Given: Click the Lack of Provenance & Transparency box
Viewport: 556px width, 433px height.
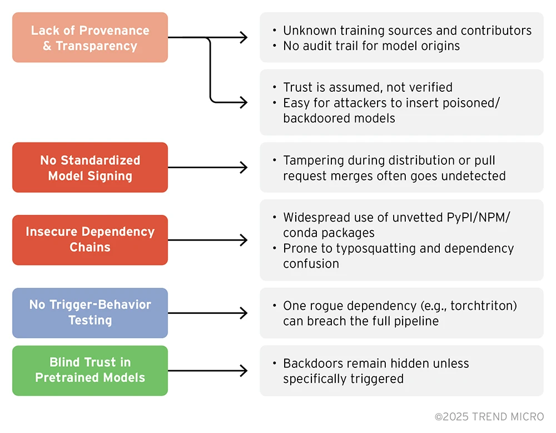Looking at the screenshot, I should tap(90, 38).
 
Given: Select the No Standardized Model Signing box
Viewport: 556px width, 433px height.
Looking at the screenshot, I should tap(90, 168).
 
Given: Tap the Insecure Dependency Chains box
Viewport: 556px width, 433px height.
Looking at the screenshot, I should tap(90, 239).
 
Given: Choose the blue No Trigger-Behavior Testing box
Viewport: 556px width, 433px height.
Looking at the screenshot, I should tap(90, 312).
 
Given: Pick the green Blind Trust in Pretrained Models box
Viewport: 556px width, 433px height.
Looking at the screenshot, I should tap(90, 370).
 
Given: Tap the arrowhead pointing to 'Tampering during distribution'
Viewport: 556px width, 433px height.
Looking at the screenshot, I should tap(244, 168).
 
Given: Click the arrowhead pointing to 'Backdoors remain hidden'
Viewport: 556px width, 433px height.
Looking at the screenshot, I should tap(244, 370).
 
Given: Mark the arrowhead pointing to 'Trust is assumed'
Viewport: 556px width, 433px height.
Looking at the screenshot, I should tap(244, 102).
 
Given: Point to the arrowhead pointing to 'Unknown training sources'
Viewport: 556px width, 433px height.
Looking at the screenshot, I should tap(244, 37).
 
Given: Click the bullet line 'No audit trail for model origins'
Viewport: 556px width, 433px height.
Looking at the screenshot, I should tap(371, 46).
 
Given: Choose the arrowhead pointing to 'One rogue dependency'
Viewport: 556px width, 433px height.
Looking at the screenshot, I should tap(244, 313).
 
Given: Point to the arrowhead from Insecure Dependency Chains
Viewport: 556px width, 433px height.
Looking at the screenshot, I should tap(244, 240).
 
